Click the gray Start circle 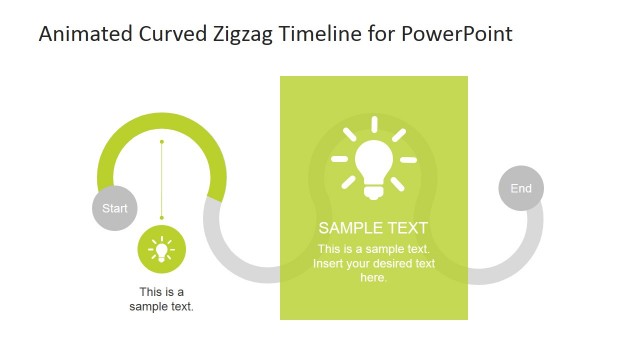pyautogui.click(x=115, y=209)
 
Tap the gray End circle pyautogui.click(x=521, y=188)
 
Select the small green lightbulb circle pyautogui.click(x=161, y=250)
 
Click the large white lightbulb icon pyautogui.click(x=373, y=161)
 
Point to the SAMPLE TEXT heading pyautogui.click(x=373, y=227)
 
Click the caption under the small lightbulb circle pyautogui.click(x=161, y=299)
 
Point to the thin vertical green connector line pyautogui.click(x=161, y=180)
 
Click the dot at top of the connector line pyautogui.click(x=161, y=142)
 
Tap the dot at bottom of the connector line pyautogui.click(x=161, y=217)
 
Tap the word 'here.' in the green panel pyautogui.click(x=373, y=277)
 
